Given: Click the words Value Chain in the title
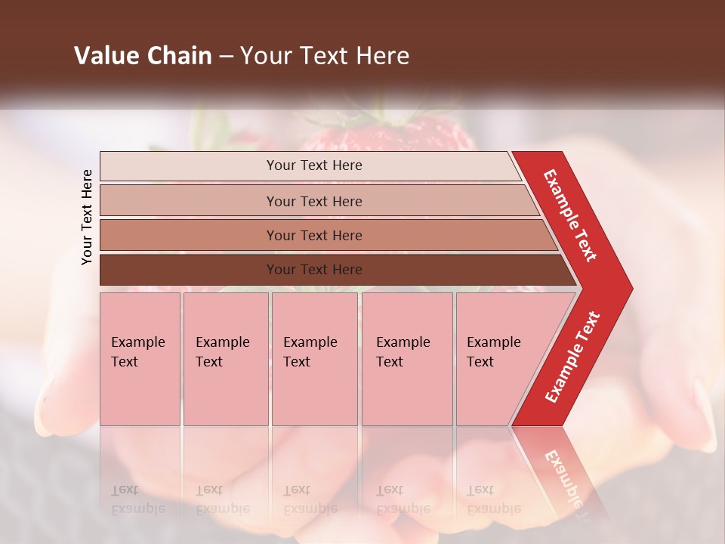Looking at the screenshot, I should click(143, 56).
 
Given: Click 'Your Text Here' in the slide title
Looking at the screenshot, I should click(325, 56).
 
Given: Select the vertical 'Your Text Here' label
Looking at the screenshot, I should click(87, 218).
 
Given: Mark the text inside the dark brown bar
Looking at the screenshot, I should click(314, 270).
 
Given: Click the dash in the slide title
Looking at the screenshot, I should click(226, 57).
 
